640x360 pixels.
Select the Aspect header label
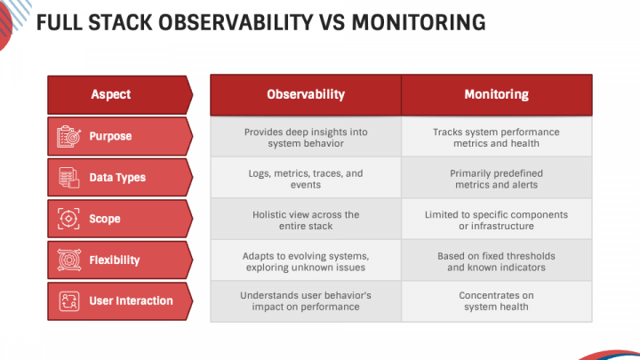click(111, 94)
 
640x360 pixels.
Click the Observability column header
click(305, 94)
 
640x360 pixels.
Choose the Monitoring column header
click(496, 94)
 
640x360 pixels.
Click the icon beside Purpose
click(68, 136)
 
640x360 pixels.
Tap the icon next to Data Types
click(68, 178)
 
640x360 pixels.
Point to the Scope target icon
click(68, 219)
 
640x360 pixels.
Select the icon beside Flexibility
click(68, 260)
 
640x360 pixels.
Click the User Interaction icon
click(68, 301)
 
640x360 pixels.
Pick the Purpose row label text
click(110, 136)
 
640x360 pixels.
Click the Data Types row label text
click(117, 178)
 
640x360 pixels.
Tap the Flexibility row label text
click(114, 260)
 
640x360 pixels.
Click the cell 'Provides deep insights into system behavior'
click(305, 137)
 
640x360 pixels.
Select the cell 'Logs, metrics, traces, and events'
click(305, 179)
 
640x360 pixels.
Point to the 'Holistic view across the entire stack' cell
click(305, 220)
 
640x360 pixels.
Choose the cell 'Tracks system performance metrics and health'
click(496, 137)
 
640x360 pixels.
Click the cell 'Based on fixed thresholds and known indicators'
click(496, 261)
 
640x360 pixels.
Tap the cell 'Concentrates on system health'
click(496, 300)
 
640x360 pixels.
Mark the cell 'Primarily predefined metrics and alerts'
click(496, 179)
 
